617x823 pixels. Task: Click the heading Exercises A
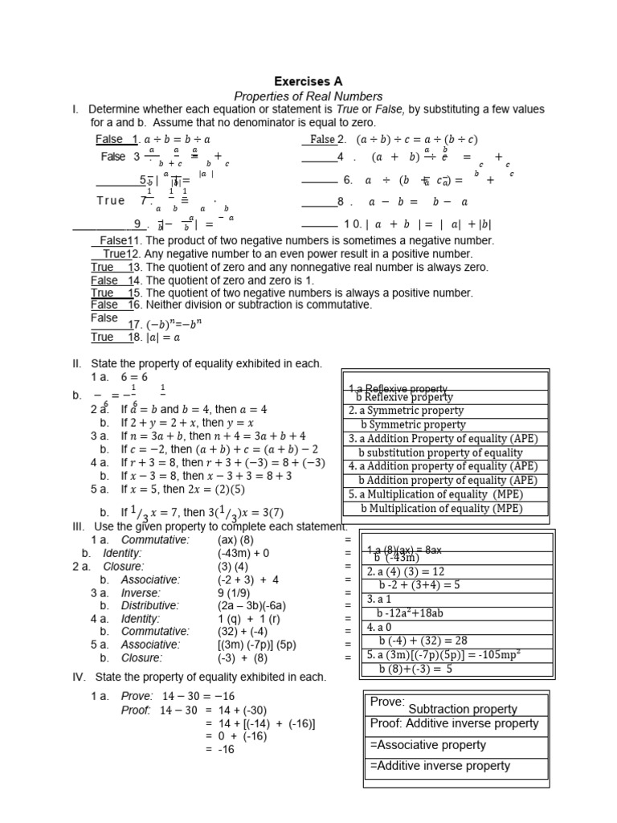(x=308, y=81)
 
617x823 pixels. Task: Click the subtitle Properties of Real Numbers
(x=308, y=96)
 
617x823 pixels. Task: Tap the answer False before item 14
(x=104, y=280)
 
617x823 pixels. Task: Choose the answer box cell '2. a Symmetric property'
(x=407, y=411)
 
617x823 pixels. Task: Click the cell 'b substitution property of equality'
(x=440, y=452)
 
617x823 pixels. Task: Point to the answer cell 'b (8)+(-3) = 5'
(x=415, y=668)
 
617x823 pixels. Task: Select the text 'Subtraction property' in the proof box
(x=463, y=709)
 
